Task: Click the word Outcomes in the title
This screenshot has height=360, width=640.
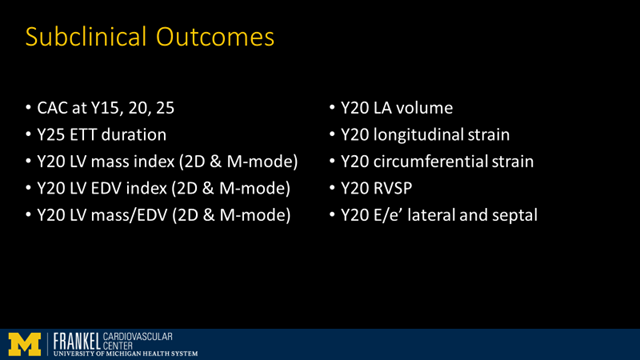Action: coord(209,38)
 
